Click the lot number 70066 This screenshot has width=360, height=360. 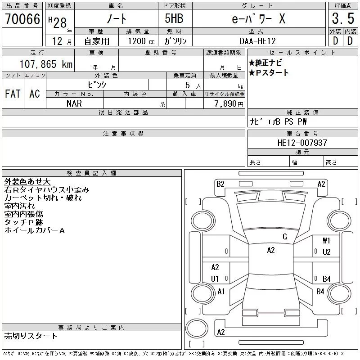coord(22,19)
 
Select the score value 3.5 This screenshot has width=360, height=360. coord(342,19)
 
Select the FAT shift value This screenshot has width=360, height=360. coord(13,94)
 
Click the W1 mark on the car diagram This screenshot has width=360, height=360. coord(327,241)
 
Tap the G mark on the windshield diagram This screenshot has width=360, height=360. coord(285,237)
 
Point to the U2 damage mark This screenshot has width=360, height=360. coord(327,252)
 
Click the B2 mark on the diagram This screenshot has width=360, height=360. coord(220,184)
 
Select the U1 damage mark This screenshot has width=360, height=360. coord(215,279)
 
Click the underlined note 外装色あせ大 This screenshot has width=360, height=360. coord(27,182)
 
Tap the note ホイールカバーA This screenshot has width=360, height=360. coord(35,230)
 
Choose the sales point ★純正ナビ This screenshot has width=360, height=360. coord(265,63)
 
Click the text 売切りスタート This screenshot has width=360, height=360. coord(31,336)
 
